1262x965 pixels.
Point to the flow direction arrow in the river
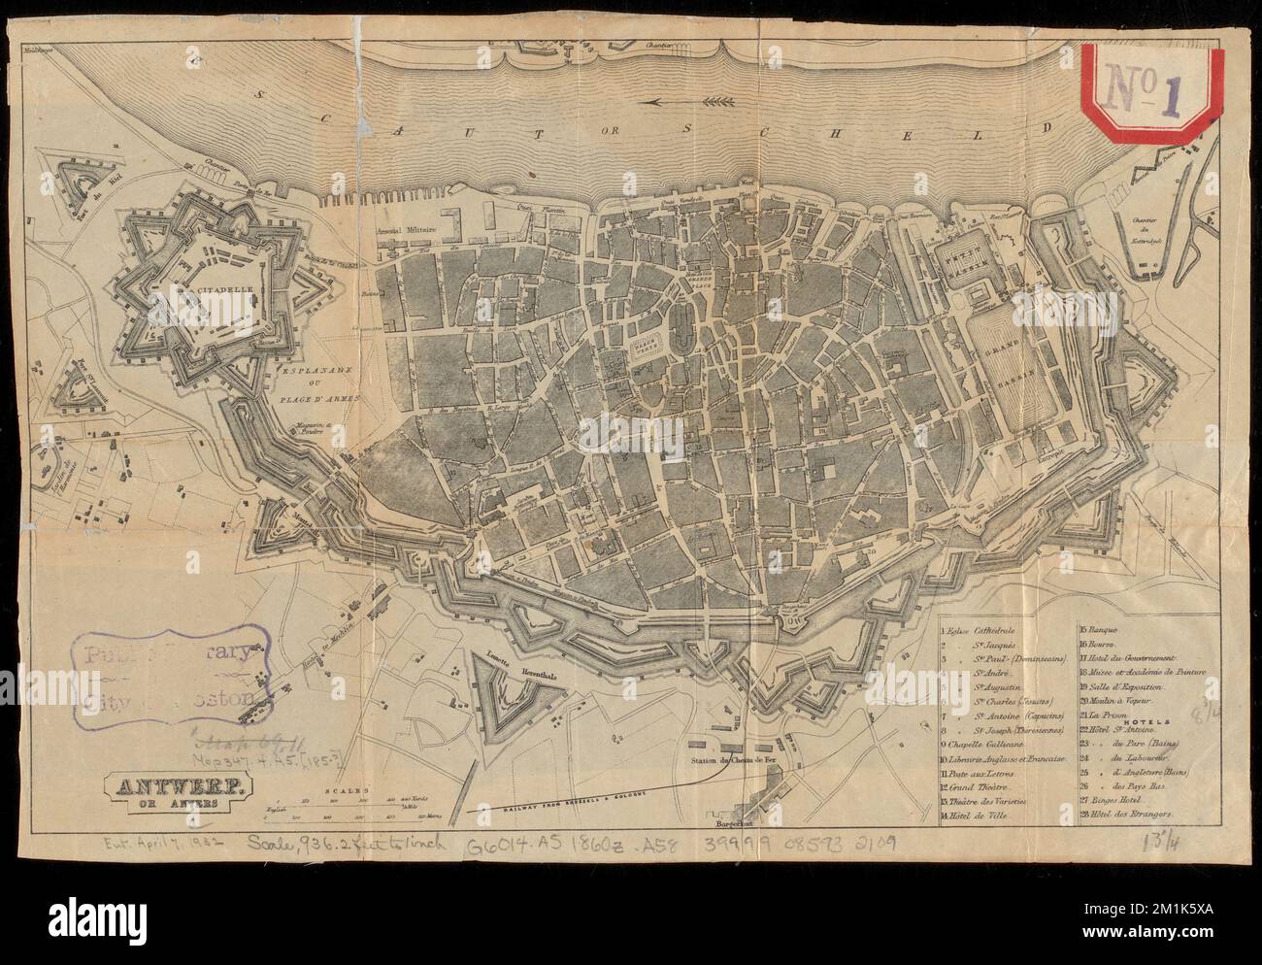[x=679, y=101]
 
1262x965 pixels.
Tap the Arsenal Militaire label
[x=406, y=231]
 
